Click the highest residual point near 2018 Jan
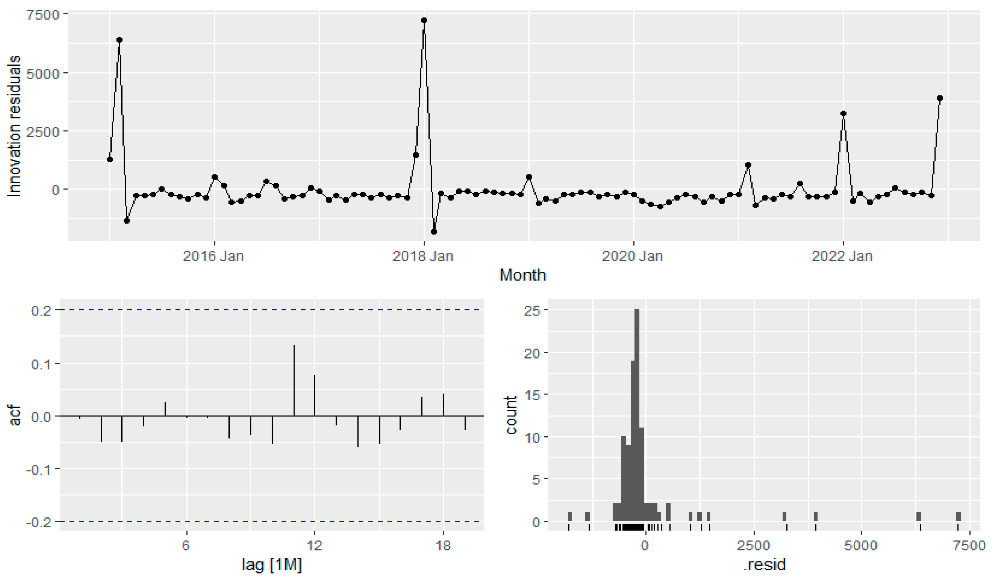coord(424,20)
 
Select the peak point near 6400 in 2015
coord(119,40)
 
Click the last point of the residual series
coord(940,98)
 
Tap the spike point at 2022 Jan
coord(843,114)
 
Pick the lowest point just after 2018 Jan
coord(434,232)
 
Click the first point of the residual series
coord(110,159)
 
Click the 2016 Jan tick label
coord(213,256)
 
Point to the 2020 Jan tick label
coord(633,256)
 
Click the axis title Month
coord(523,275)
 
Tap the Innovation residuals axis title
coord(14,126)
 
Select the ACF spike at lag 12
coord(315,395)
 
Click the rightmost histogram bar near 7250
coord(958,517)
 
